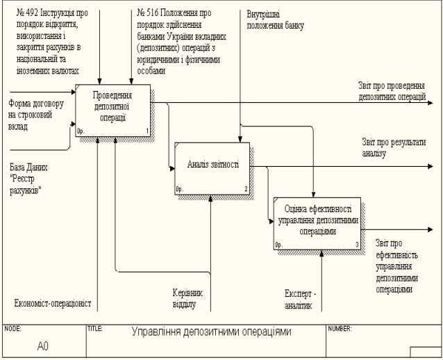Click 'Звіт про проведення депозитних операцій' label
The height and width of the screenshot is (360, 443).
392,92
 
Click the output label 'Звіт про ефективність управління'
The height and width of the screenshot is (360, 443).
397,265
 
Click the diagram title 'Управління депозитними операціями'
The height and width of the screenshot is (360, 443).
212,332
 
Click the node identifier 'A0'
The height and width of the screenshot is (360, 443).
43,345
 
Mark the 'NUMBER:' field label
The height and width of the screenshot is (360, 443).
340,328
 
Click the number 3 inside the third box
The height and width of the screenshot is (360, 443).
356,245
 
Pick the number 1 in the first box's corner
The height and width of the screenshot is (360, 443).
148,132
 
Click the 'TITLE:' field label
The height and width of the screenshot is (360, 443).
95,328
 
